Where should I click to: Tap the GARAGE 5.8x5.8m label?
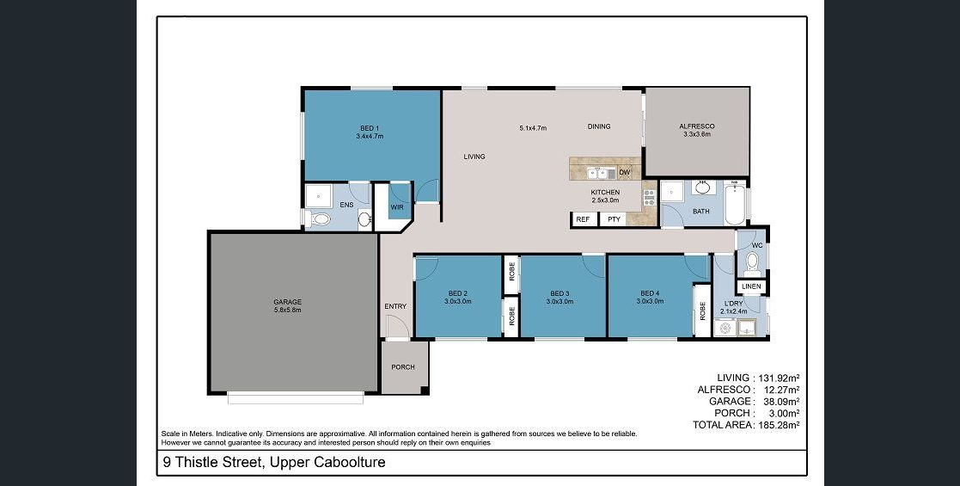tap(287, 306)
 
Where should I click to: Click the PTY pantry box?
tap(614, 219)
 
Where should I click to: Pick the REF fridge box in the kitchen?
tap(584, 219)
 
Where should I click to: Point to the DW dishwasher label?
tap(625, 173)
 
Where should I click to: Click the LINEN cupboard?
tap(751, 286)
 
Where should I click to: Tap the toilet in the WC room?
tap(753, 262)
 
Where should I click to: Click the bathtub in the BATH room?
tap(733, 204)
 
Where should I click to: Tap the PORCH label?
tap(403, 367)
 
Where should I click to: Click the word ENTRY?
tap(395, 306)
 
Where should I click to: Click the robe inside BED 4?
tap(701, 311)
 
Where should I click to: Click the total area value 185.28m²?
tap(779, 424)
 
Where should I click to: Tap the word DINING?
tap(599, 126)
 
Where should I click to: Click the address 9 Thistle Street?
tap(213, 462)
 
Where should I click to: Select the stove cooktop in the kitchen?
tap(649, 197)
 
